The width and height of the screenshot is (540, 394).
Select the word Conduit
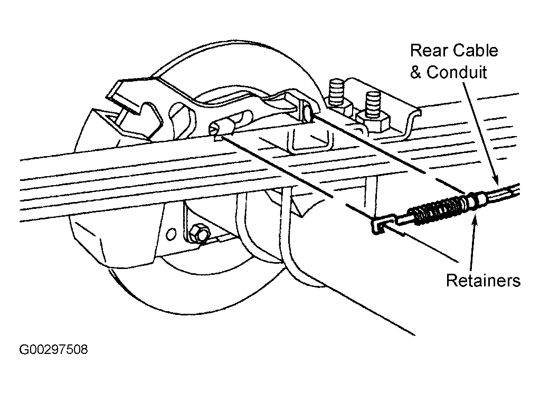(457, 72)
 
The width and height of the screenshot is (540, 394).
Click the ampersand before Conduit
(415, 73)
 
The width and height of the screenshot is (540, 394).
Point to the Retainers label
(483, 280)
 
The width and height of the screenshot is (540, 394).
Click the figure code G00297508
(53, 349)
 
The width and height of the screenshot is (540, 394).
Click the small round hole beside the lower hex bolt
(171, 234)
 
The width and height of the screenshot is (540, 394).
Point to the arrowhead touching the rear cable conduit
(495, 180)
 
